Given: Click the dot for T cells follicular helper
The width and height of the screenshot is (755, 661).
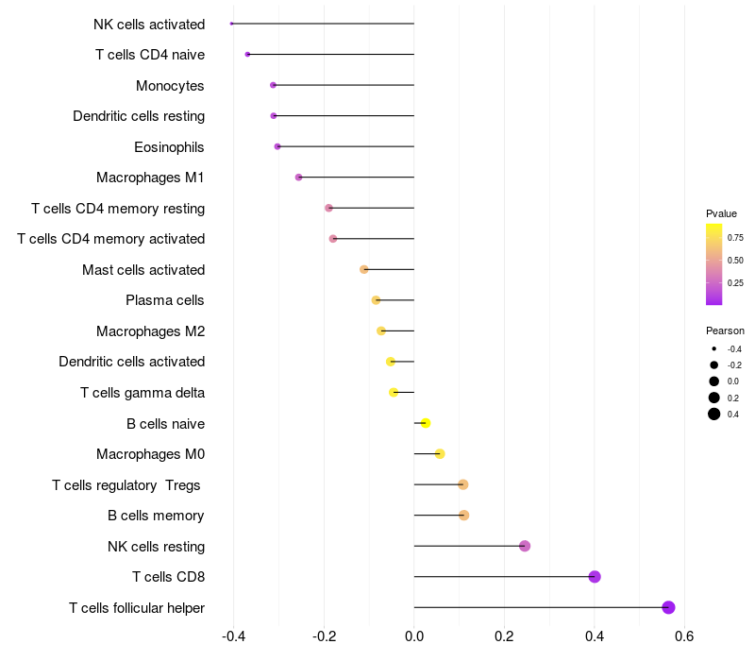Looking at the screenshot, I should tap(668, 607).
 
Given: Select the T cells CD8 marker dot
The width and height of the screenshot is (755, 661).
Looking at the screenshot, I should tap(595, 577).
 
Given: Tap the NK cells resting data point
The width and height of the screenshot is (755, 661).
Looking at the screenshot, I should tap(525, 546).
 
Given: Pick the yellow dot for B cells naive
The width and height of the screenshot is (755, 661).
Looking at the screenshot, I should tap(426, 423).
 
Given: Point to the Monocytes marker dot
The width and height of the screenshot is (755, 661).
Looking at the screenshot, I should tap(274, 85).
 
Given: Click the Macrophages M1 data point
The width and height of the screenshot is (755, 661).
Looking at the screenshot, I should tap(299, 178).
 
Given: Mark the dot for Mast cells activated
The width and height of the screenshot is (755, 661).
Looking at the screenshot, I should tap(364, 269).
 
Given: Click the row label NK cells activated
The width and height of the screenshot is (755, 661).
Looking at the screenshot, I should tap(149, 24).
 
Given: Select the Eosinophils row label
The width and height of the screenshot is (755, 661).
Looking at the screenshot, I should tap(169, 146).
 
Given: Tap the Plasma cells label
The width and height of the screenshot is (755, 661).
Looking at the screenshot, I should tap(165, 300).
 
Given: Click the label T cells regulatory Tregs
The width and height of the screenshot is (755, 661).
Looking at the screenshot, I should tap(128, 484).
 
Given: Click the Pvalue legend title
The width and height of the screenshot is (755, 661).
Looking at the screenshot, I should tap(721, 213).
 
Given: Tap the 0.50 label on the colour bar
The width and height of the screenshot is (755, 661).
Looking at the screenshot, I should tap(735, 260).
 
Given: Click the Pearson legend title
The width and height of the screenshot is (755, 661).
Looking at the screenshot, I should tap(725, 330).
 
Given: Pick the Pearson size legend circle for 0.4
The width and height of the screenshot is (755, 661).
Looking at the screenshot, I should tap(714, 414).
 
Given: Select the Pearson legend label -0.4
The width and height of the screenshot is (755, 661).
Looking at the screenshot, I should tap(734, 348).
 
